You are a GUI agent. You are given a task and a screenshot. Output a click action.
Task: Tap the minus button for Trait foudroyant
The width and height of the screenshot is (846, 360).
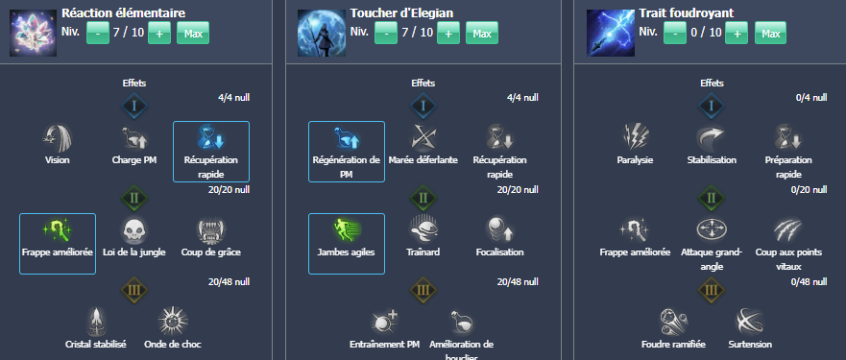[x=674, y=34]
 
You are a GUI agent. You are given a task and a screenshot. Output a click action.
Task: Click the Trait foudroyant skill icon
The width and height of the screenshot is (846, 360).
[x=609, y=32]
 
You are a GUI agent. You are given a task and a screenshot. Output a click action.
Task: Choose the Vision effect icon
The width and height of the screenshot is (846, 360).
[x=58, y=137]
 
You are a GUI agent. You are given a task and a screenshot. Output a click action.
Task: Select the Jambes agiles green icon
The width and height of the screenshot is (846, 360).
[x=346, y=228]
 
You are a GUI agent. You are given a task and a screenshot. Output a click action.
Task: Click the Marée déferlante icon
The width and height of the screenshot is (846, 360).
[x=423, y=137]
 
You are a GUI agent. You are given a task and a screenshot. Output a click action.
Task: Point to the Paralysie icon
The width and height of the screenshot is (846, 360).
[x=634, y=137]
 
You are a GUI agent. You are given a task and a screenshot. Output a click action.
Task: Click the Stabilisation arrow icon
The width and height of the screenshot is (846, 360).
[x=711, y=137]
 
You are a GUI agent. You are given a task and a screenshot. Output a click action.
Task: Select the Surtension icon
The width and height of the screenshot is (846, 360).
[x=748, y=320]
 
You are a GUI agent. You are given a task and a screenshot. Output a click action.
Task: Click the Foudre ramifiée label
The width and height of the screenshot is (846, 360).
[x=672, y=344]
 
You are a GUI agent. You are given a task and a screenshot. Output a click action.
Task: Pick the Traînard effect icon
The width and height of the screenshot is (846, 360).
[x=423, y=228]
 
